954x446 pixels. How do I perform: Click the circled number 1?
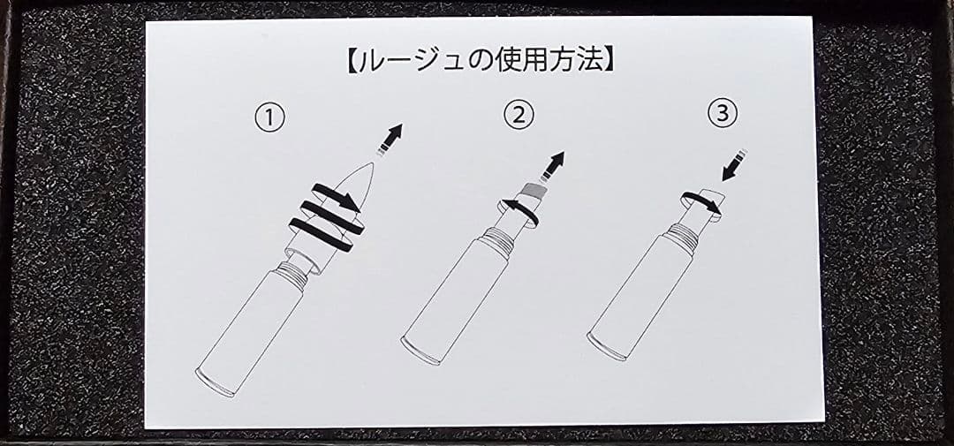pyautogui.click(x=269, y=117)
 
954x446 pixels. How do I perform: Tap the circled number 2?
pyautogui.click(x=519, y=115)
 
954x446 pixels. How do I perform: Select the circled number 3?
pyautogui.click(x=723, y=114)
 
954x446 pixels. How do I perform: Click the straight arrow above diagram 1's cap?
pyautogui.click(x=390, y=140)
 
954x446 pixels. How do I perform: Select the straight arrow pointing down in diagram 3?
pyautogui.click(x=734, y=165)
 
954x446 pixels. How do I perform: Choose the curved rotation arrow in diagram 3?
pyautogui.click(x=700, y=203)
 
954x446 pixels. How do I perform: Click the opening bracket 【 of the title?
pyautogui.click(x=352, y=62)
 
